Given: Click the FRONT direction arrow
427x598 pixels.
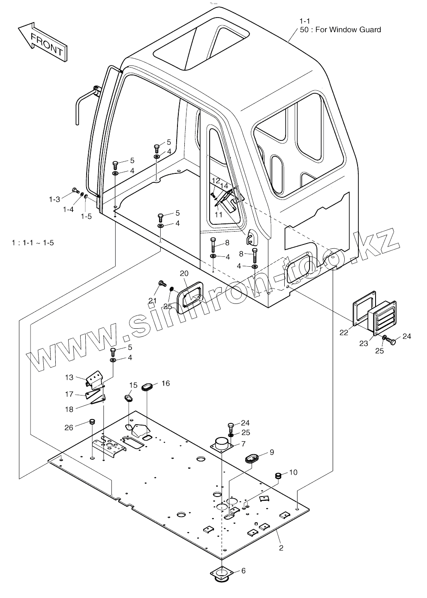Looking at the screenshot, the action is pos(43,42).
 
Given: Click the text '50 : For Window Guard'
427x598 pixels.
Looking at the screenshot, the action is pos(340,30).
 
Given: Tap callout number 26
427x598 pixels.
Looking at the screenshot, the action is pos(69,428).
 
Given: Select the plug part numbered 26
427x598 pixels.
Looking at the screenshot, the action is pos(92,422).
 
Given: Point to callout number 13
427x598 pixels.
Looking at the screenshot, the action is pos(69,377).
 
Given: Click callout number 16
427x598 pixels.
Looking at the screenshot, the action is pos(166,383).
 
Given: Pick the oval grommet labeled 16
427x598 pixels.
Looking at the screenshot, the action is pos(147,387).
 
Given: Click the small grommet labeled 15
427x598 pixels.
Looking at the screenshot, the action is pos(129,398).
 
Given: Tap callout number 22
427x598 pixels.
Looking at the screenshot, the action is pos(344,333).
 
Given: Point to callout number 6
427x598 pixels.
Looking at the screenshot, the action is pos(244,571).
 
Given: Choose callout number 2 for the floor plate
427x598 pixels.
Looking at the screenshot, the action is pos(281,548).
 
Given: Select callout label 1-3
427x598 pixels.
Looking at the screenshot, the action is pos(54,199).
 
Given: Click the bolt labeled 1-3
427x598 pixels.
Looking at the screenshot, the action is pos(75,190).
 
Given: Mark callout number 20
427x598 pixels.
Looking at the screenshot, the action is pos(184,274).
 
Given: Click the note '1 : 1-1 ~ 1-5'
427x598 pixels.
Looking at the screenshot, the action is pos(33,243).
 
